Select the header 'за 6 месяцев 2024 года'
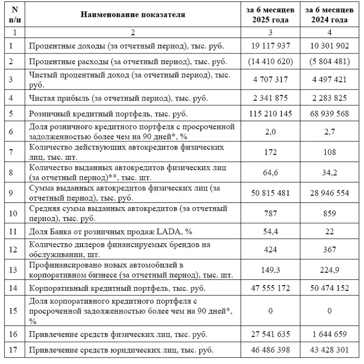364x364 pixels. click(x=330, y=15)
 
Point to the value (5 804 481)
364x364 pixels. click(x=329, y=62)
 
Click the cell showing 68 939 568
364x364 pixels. click(x=329, y=113)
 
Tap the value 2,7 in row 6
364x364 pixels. click(x=329, y=131)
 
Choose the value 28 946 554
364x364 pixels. click(x=329, y=193)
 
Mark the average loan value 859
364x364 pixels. click(x=329, y=213)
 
